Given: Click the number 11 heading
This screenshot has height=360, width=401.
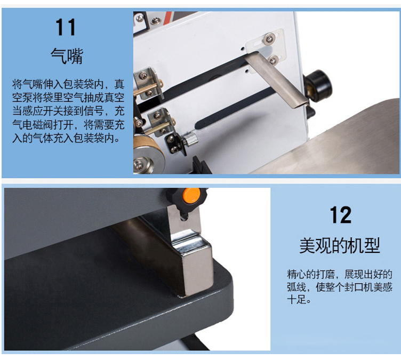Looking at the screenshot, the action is pos(66,27).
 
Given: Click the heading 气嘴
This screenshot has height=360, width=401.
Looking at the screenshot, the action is pos(67,55).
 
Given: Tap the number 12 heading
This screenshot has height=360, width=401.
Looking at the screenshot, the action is pos(340,215).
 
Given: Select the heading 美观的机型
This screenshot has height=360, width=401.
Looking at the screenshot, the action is pos(340,245).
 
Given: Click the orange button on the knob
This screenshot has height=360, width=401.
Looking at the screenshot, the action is pos(191,196).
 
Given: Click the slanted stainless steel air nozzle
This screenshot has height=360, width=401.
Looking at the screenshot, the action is pos(277,80).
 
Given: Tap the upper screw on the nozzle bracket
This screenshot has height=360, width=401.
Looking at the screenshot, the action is pos(269,39).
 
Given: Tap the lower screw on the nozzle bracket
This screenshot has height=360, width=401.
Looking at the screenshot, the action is pos(273,60).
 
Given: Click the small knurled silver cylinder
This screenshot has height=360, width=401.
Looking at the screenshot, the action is pos(190,139).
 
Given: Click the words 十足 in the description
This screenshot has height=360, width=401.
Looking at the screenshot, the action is pos(296,299).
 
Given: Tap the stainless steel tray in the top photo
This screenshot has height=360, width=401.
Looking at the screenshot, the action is pos(340,143).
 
